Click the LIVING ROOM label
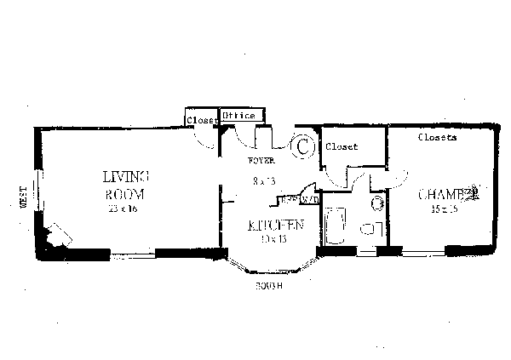click(x=125, y=186)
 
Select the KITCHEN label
click(x=275, y=226)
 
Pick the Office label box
click(x=243, y=116)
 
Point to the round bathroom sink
click(x=376, y=203)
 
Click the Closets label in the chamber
click(x=438, y=136)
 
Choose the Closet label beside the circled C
click(x=342, y=146)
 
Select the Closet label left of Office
click(x=203, y=120)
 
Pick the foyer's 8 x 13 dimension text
click(x=264, y=180)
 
